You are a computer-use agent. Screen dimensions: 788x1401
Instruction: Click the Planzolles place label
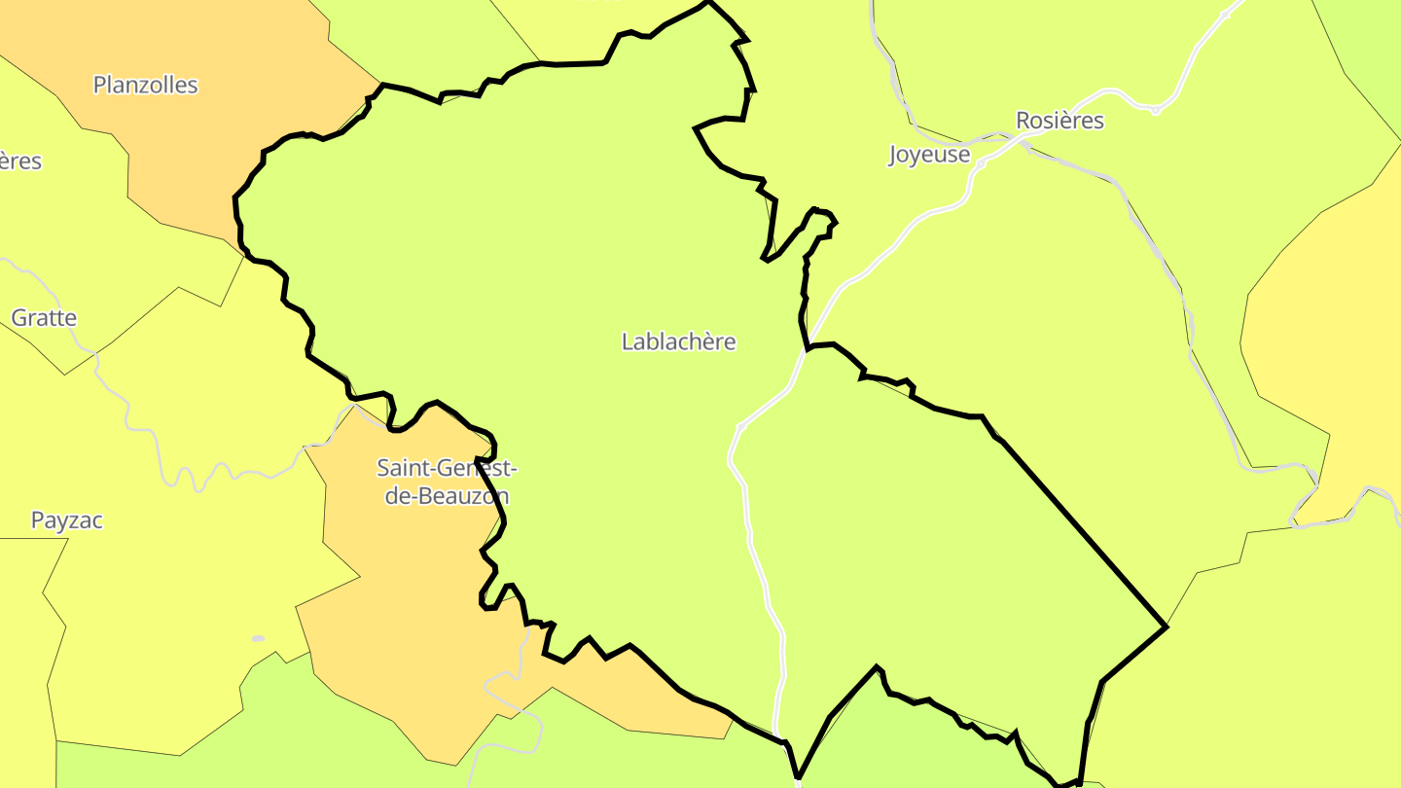(x=145, y=86)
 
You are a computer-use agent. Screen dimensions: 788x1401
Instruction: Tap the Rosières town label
(x=1060, y=121)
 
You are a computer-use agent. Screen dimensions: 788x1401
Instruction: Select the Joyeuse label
(x=929, y=155)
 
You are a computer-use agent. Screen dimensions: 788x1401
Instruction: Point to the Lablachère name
(x=678, y=342)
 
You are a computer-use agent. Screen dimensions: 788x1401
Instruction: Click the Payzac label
(x=66, y=520)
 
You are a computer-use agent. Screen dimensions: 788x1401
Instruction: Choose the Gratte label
(x=43, y=318)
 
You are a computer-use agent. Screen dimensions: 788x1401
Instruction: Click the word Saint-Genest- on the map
(x=447, y=468)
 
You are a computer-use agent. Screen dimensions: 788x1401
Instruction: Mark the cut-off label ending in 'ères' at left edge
(x=19, y=161)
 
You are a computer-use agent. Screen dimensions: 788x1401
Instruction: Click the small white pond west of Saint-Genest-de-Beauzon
(x=258, y=639)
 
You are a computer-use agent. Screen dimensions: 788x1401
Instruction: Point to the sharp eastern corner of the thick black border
(x=1165, y=627)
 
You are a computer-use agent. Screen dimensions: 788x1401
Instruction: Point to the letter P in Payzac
(x=37, y=520)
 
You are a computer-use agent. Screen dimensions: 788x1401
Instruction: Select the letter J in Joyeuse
(x=893, y=156)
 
